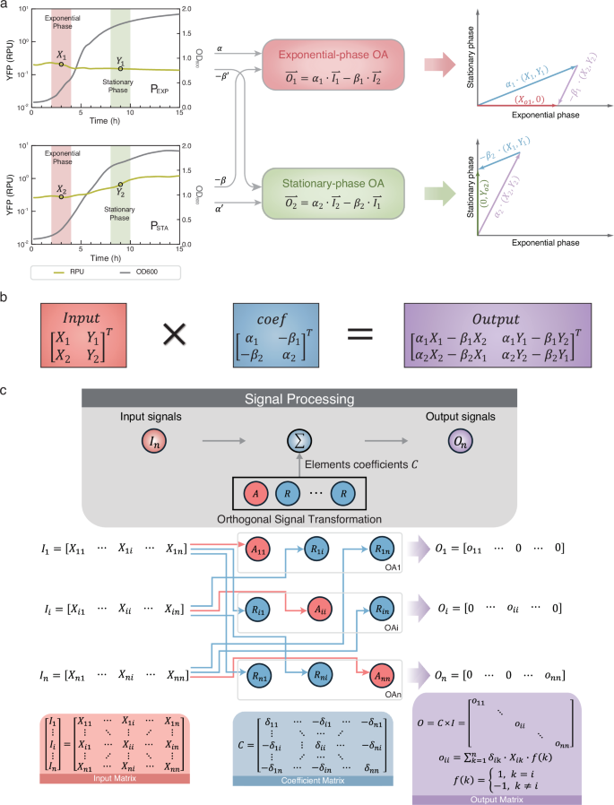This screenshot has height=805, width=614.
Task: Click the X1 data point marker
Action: tap(61, 64)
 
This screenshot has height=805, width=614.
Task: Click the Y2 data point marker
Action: tap(120, 185)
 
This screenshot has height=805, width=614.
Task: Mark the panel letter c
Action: tap(8, 367)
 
